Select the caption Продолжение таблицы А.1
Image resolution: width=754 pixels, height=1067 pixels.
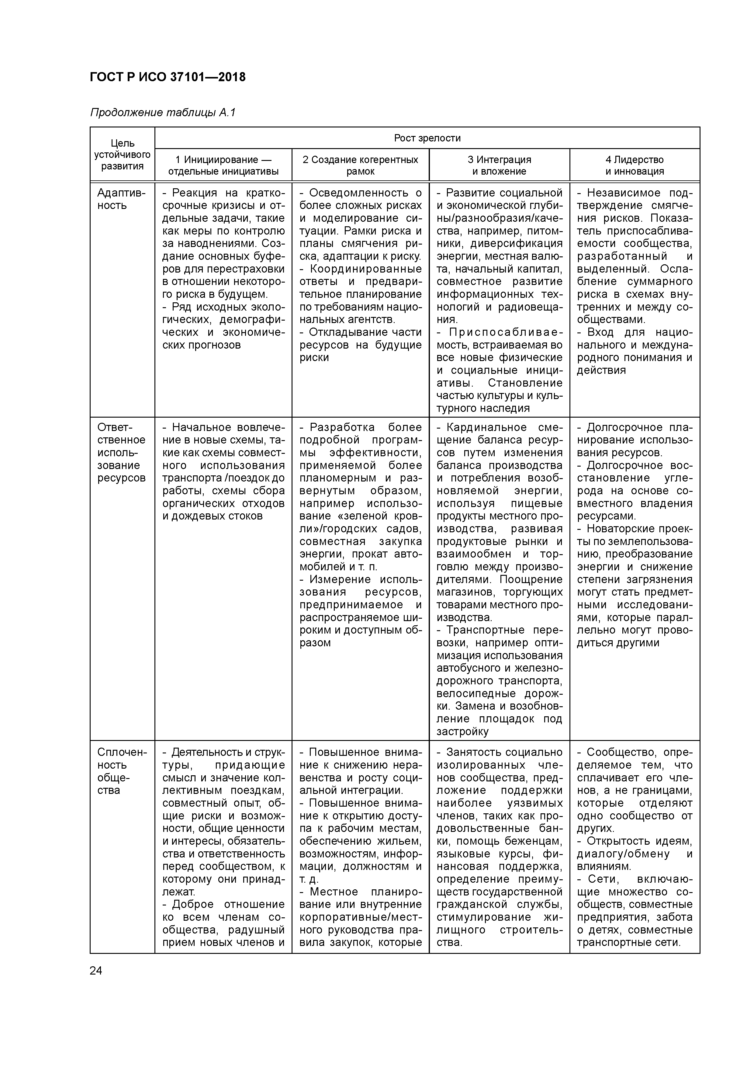click(x=163, y=113)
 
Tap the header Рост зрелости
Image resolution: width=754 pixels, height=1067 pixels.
click(x=427, y=138)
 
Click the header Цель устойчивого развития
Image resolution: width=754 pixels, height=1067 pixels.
click(x=122, y=155)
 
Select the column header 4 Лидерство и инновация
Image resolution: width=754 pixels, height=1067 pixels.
click(x=634, y=165)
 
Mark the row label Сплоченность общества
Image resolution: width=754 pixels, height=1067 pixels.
click(x=122, y=771)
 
